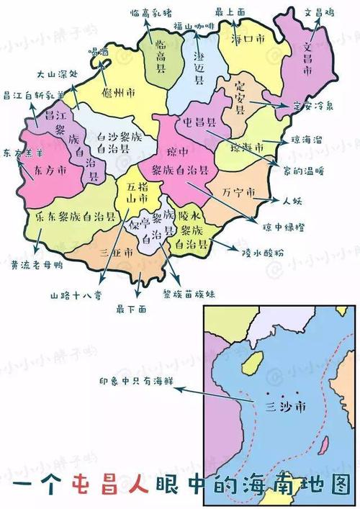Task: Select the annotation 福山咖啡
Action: coord(194,27)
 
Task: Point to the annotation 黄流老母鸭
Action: coord(37,264)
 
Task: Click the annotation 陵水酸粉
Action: coord(264,251)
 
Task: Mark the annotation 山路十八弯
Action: coord(78,294)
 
